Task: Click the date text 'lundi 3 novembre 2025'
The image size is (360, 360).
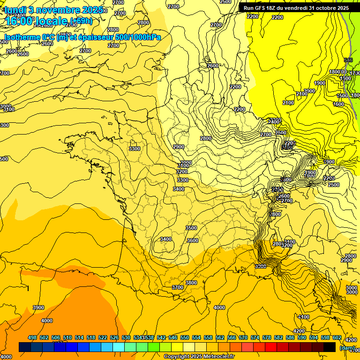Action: (54, 9)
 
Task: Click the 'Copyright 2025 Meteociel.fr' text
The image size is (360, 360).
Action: (199, 356)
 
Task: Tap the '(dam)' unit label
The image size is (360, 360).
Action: (347, 347)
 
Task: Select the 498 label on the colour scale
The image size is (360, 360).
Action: (32, 337)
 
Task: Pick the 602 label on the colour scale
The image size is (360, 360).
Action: (337, 337)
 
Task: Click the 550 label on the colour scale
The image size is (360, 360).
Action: (185, 337)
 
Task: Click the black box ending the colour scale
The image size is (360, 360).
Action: (330, 347)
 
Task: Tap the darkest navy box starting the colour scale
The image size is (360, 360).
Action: (25, 347)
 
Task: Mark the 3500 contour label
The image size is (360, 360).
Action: (191, 228)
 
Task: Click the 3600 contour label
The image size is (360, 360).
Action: (192, 240)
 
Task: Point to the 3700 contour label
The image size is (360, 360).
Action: (177, 287)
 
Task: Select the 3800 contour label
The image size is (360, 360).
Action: (191, 283)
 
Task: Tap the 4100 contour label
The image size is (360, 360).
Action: (304, 317)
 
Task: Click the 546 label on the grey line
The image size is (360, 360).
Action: (348, 60)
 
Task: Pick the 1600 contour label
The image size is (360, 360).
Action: (338, 104)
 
